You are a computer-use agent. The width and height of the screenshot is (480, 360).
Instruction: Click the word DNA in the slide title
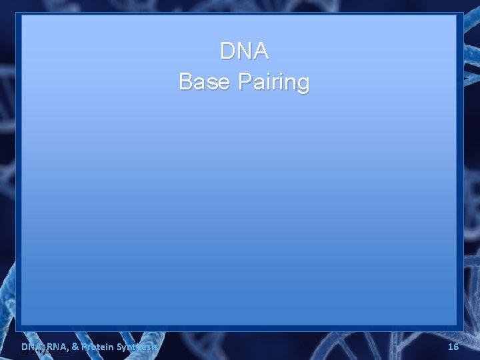click(244, 51)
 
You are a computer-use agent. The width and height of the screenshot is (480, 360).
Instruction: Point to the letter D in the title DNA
click(227, 51)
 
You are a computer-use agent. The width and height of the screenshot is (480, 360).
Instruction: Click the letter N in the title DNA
click(244, 51)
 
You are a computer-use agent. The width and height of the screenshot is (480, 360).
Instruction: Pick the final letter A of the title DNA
click(261, 51)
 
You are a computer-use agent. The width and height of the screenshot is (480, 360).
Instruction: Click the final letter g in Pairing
click(303, 84)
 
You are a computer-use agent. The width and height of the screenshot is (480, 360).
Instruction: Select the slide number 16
click(453, 347)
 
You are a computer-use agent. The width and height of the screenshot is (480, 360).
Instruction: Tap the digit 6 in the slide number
click(456, 347)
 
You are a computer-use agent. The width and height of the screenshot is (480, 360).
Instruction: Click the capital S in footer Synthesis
click(119, 347)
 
